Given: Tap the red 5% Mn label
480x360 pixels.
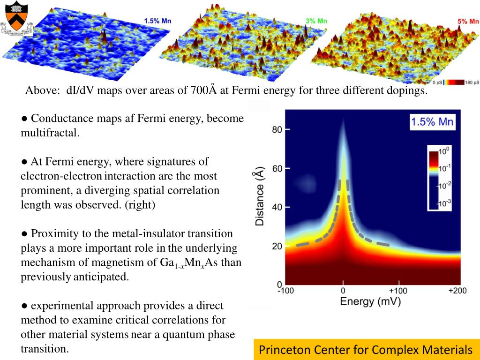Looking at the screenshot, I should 468,21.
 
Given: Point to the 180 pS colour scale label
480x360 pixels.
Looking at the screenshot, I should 470,82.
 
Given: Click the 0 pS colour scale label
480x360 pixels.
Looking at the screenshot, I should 437,82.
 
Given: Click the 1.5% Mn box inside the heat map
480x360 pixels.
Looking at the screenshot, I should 432,123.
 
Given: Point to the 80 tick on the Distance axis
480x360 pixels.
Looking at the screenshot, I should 277,129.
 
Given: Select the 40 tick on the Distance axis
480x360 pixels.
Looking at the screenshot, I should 277,207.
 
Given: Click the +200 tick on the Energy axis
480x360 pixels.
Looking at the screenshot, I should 457,291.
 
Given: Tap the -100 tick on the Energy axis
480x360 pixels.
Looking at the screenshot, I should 286,291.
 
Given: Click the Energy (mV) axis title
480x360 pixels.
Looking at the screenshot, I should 370,301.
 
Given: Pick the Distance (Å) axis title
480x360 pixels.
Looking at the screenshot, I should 259,198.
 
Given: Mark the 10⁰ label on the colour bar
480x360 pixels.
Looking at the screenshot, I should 443,151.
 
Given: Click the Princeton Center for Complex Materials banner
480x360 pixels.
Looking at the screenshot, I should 366,349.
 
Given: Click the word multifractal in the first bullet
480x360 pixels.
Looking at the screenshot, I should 50,133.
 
